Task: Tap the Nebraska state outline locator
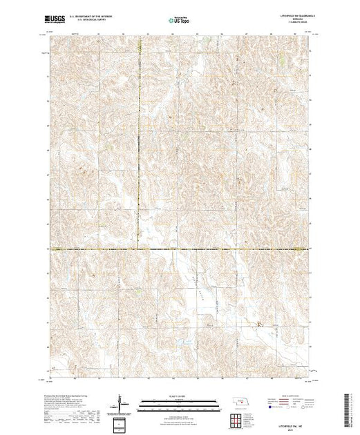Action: tap(237, 402)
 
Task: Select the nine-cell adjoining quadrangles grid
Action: tap(237, 419)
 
